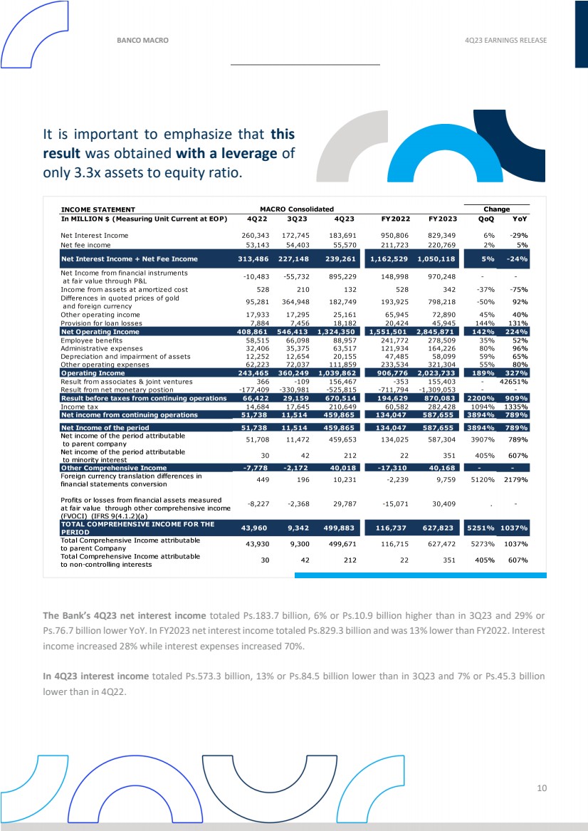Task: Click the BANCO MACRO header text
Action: point(142,40)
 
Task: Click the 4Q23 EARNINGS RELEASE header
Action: point(505,40)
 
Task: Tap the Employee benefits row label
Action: point(90,340)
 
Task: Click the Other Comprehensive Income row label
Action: point(114,467)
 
